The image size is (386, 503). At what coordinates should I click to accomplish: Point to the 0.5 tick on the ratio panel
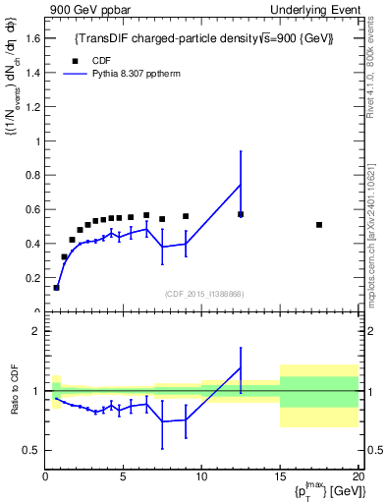[34, 450]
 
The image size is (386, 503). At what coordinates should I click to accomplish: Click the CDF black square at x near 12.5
[241, 214]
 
